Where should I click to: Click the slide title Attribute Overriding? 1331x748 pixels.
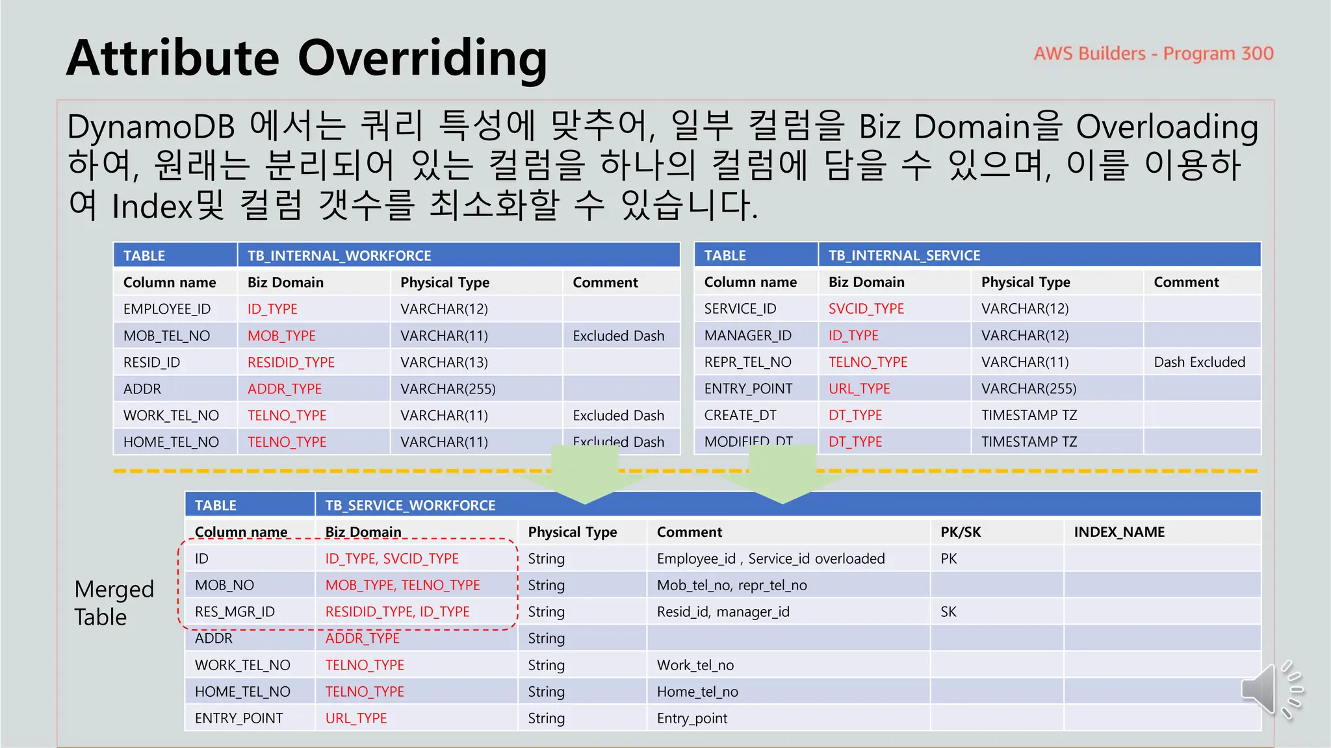coord(306,58)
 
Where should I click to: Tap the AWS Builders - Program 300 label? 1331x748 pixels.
coord(1154,53)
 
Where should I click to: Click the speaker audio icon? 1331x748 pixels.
coord(1271,690)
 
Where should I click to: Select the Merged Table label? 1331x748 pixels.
coord(114,603)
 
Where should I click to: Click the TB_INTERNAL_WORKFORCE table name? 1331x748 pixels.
coord(339,256)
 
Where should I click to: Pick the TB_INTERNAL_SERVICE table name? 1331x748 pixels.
coord(904,255)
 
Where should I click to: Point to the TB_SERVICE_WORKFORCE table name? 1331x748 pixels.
coord(410,505)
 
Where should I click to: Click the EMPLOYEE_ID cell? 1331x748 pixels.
coord(167,309)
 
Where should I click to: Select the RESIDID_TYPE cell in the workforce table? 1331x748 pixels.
coord(291,362)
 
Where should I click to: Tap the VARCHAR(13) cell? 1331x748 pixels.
coord(444,362)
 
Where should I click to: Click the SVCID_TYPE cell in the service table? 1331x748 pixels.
coord(866,309)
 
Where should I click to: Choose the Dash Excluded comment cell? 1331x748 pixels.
coord(1199,362)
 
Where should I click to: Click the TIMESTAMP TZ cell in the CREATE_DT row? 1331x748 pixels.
coord(1029,416)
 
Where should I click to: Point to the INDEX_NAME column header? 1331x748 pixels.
coord(1118,532)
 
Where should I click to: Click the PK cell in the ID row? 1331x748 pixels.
coord(949,559)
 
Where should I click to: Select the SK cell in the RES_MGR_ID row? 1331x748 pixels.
coord(948,612)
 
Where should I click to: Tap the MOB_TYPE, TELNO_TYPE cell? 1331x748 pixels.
coord(402,586)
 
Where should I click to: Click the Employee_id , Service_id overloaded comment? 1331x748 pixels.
coord(771,559)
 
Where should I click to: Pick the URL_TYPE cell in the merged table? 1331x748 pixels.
coord(356,719)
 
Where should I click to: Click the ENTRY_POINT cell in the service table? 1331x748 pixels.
coord(748,389)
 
